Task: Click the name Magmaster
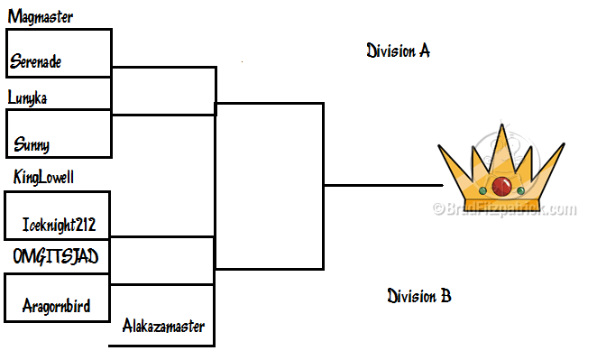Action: (x=41, y=17)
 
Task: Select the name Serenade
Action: (x=35, y=61)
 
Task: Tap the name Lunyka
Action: (x=27, y=98)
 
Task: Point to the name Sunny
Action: (x=32, y=144)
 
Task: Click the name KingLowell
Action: (x=43, y=177)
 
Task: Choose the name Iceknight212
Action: (x=59, y=225)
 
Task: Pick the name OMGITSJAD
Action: (x=56, y=256)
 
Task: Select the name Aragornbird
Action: (x=56, y=306)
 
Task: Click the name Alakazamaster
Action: (x=163, y=326)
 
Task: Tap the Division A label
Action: (x=399, y=51)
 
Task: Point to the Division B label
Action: (x=419, y=296)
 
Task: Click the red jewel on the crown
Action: (x=501, y=186)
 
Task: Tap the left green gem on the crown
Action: (x=482, y=190)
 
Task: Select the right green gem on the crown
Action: (x=521, y=190)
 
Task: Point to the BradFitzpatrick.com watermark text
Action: (x=505, y=209)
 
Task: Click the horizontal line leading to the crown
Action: (x=383, y=186)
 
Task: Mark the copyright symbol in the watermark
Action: (x=438, y=208)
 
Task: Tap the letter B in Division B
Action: (x=445, y=296)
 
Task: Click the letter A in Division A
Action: (x=425, y=51)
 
